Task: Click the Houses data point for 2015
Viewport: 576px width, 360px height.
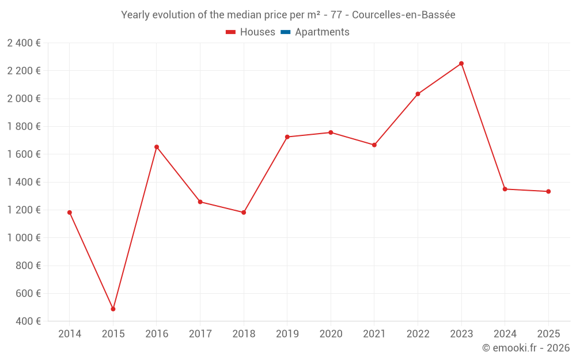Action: tap(113, 309)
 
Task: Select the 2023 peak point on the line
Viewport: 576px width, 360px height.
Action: tap(461, 63)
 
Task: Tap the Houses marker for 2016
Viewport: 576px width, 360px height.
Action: tap(157, 147)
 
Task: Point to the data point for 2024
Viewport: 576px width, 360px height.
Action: tap(505, 189)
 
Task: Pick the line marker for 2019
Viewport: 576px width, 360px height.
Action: tap(287, 137)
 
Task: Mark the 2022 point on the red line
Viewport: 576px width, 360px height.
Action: tap(418, 94)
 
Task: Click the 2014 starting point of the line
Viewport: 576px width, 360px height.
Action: tap(70, 213)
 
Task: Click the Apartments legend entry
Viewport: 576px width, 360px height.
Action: tap(322, 32)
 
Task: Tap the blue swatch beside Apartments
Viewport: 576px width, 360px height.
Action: tap(285, 32)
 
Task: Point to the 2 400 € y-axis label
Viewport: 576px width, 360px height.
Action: tap(24, 43)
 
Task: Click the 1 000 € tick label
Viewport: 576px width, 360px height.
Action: tap(24, 238)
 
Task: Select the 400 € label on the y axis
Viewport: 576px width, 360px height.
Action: tap(28, 321)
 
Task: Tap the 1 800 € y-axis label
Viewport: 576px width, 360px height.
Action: tap(24, 126)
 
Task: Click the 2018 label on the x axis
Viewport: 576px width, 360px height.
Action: tap(244, 334)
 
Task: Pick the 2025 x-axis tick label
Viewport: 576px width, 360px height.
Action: tap(548, 334)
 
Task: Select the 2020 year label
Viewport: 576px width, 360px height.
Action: tap(331, 334)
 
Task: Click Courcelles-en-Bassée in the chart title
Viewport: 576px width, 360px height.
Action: tap(403, 15)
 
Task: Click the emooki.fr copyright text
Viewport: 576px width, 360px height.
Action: tap(526, 348)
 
